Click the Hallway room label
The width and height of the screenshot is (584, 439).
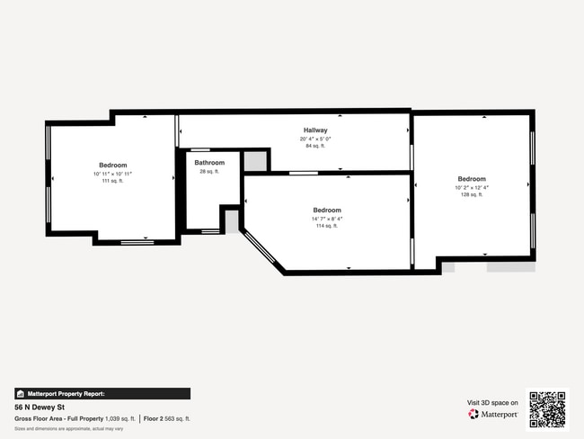click(314, 131)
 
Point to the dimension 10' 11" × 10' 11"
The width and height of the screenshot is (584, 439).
click(112, 174)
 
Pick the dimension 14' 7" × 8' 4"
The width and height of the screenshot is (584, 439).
click(326, 219)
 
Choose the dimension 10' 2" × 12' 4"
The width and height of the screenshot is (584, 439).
click(472, 187)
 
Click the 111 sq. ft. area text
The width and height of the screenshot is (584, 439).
click(112, 181)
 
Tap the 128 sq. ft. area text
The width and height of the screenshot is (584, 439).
click(472, 194)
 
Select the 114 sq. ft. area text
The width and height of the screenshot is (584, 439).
click(326, 226)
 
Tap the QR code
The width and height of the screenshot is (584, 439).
click(547, 408)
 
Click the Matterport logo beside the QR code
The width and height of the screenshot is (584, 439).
click(493, 415)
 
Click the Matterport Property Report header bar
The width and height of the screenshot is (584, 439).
click(102, 393)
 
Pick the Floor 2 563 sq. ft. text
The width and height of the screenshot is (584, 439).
click(167, 418)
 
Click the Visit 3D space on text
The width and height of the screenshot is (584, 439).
click(492, 402)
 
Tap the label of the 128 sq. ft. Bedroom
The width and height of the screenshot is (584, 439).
click(472, 179)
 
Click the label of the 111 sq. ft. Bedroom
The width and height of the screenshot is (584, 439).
click(112, 166)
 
